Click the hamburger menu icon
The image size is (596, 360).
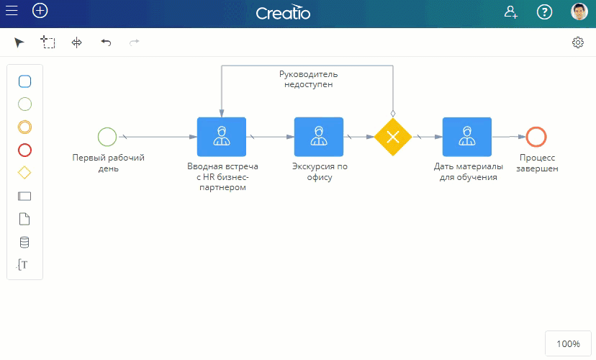pos(12,11)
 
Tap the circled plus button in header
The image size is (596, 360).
pos(40,11)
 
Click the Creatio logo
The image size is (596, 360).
pos(283,12)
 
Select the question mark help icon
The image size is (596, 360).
pos(544,12)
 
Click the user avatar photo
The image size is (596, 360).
pos(579,12)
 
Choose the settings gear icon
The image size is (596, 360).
pos(578,42)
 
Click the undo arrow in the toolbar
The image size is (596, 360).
pos(106,42)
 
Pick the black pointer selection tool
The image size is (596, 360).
pos(19,42)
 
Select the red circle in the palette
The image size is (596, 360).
pos(24,150)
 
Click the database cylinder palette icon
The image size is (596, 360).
pos(24,242)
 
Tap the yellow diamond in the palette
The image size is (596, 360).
pos(24,173)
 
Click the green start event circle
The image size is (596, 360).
pos(107,137)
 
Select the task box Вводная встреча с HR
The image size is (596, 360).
pos(222,137)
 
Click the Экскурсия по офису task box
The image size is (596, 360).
pos(319,137)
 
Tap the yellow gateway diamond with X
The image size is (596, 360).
pos(393,137)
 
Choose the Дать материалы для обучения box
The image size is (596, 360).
pos(467,137)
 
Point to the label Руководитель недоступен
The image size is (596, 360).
pos(309,79)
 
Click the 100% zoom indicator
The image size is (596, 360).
pos(568,343)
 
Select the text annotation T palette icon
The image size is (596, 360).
pos(22,264)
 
